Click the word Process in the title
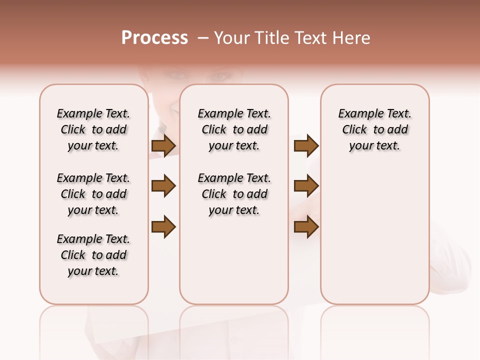click(x=154, y=38)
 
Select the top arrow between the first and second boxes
click(x=163, y=146)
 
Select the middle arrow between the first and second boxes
click(x=163, y=186)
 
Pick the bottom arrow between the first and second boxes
click(x=163, y=226)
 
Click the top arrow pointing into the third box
click(x=306, y=146)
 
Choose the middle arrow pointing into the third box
click(x=306, y=186)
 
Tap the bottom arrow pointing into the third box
click(x=306, y=226)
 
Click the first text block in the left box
click(x=93, y=129)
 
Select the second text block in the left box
click(x=93, y=194)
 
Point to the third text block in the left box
click(x=93, y=255)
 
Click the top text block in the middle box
click(x=234, y=129)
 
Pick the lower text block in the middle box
click(x=234, y=194)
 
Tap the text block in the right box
click(x=374, y=129)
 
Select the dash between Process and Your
click(x=202, y=38)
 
